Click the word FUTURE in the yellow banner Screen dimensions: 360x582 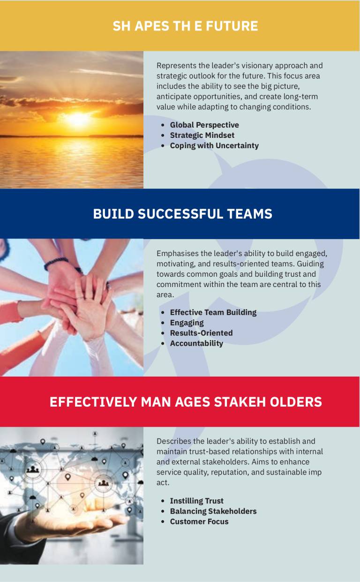pos(232,26)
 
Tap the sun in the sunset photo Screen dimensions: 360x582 pos(77,119)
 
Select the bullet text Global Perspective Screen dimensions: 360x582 pos(204,125)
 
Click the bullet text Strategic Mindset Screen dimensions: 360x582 pos(202,136)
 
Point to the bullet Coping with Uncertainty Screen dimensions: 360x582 pos(214,146)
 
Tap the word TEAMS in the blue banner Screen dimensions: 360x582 pos(250,214)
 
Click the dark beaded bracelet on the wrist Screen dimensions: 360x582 pos(56,263)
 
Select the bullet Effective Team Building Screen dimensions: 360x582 pos(213,312)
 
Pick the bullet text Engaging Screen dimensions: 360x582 pos(187,323)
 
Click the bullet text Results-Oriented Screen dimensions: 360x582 pos(201,333)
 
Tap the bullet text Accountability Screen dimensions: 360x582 pos(196,343)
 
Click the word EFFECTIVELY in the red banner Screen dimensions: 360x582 pos(93,402)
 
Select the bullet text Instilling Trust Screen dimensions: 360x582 pos(196,501)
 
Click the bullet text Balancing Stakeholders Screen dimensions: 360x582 pos(213,511)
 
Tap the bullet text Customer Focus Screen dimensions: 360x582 pos(199,522)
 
